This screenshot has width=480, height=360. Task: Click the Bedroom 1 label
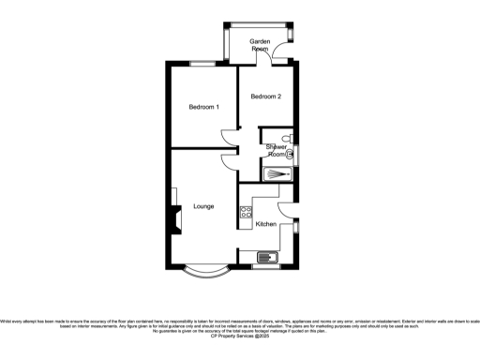pos(203,107)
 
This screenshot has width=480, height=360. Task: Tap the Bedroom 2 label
pos(265,96)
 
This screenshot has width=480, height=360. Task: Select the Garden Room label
pos(259,44)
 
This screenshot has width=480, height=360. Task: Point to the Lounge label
pos(203,206)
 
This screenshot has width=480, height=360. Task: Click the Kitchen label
pos(266,224)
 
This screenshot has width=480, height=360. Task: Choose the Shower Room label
pos(277,150)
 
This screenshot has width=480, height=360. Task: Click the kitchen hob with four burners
pos(245,213)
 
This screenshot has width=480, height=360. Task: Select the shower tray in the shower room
pos(277,172)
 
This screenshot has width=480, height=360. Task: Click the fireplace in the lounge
pos(173,220)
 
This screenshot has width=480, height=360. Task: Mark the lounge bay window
pos(203,275)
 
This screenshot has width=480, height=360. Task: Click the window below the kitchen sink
pos(266,265)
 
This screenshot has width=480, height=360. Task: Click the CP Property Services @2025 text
pos(241,334)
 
